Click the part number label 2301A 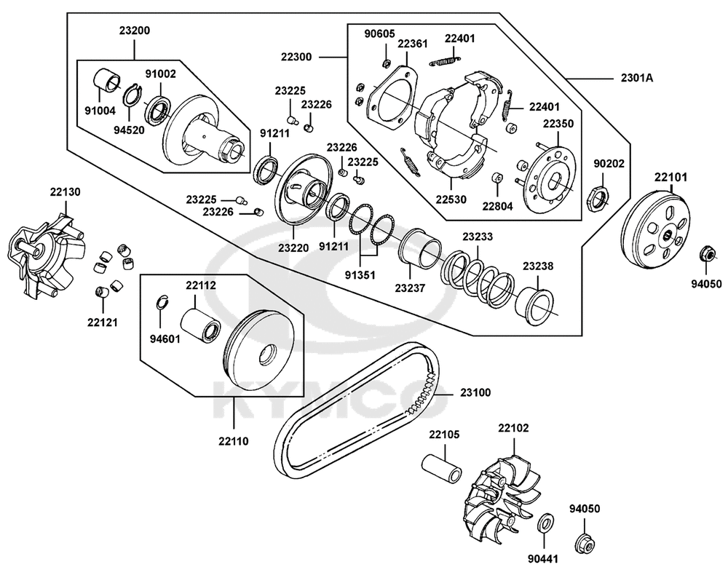click(x=636, y=78)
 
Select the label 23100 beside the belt click(x=475, y=392)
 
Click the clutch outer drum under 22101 click(x=655, y=230)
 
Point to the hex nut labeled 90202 click(x=597, y=199)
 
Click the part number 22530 click(x=451, y=199)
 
